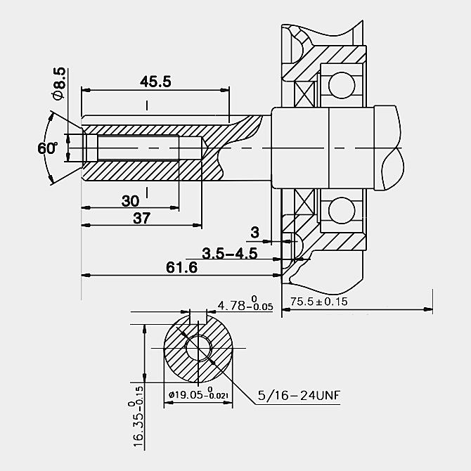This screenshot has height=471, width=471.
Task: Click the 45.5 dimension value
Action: pyautogui.click(x=155, y=82)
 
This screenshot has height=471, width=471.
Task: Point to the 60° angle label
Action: pyautogui.click(x=48, y=148)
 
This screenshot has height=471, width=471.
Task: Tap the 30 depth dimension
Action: pyautogui.click(x=130, y=200)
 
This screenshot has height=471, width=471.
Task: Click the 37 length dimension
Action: pyautogui.click(x=141, y=218)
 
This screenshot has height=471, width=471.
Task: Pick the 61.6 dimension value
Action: pyautogui.click(x=182, y=267)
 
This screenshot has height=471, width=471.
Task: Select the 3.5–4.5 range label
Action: pyautogui.click(x=229, y=253)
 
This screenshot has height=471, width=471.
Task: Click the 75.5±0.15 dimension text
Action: pyautogui.click(x=318, y=302)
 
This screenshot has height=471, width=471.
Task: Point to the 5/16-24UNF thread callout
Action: pyautogui.click(x=299, y=395)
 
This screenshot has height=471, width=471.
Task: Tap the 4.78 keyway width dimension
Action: pyautogui.click(x=245, y=304)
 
